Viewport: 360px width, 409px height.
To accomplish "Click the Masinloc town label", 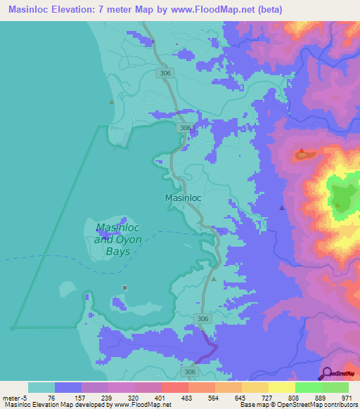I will pos(183,198).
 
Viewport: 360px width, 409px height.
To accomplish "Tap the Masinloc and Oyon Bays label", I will pos(118,238).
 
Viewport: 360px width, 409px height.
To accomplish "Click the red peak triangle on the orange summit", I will pos(302,151).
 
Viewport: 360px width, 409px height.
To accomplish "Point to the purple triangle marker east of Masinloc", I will pos(282,207).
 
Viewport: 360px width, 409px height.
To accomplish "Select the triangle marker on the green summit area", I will pos(338,205).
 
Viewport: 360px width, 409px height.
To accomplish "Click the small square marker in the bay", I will pos(125,287).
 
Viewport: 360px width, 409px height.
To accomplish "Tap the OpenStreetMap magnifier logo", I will pos(326,373).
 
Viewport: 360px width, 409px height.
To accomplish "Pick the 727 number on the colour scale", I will pos(266,397).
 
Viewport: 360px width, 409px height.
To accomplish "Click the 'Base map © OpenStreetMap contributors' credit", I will pos(296,405).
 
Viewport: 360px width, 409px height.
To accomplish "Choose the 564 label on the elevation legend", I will pos(213,397).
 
